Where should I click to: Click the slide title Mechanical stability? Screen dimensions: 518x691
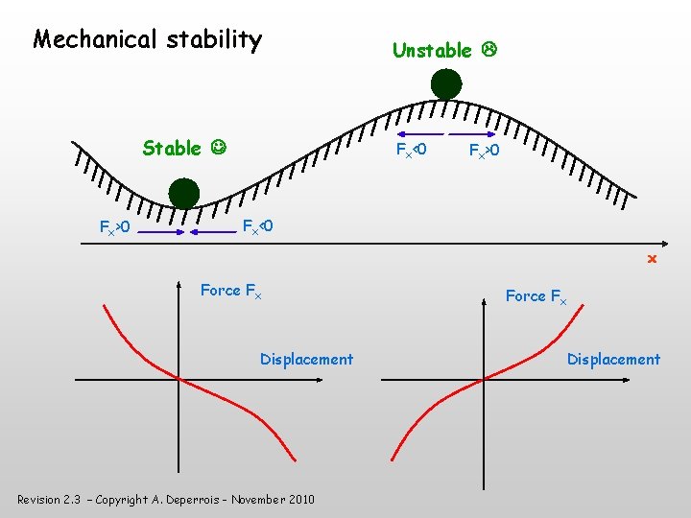[x=147, y=39]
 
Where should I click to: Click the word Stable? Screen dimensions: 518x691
[x=171, y=148]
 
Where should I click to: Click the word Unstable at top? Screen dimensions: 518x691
[x=432, y=50]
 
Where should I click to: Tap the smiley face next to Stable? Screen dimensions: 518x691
[x=220, y=148]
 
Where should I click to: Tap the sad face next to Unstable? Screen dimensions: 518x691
[x=488, y=50]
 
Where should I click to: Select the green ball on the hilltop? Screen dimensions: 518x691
[x=445, y=84]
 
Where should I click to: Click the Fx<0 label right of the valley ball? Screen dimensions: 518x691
[x=257, y=226]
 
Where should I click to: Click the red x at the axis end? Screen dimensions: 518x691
[x=651, y=259]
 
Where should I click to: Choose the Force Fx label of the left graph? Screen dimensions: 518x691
[x=230, y=290]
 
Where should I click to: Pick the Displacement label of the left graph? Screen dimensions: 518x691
[x=306, y=359]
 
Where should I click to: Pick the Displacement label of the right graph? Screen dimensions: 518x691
[x=613, y=359]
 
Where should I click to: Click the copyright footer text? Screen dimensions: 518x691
[x=165, y=499]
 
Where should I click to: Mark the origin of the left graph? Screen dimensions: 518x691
[x=179, y=380]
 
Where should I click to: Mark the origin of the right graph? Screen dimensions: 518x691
[x=484, y=380]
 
